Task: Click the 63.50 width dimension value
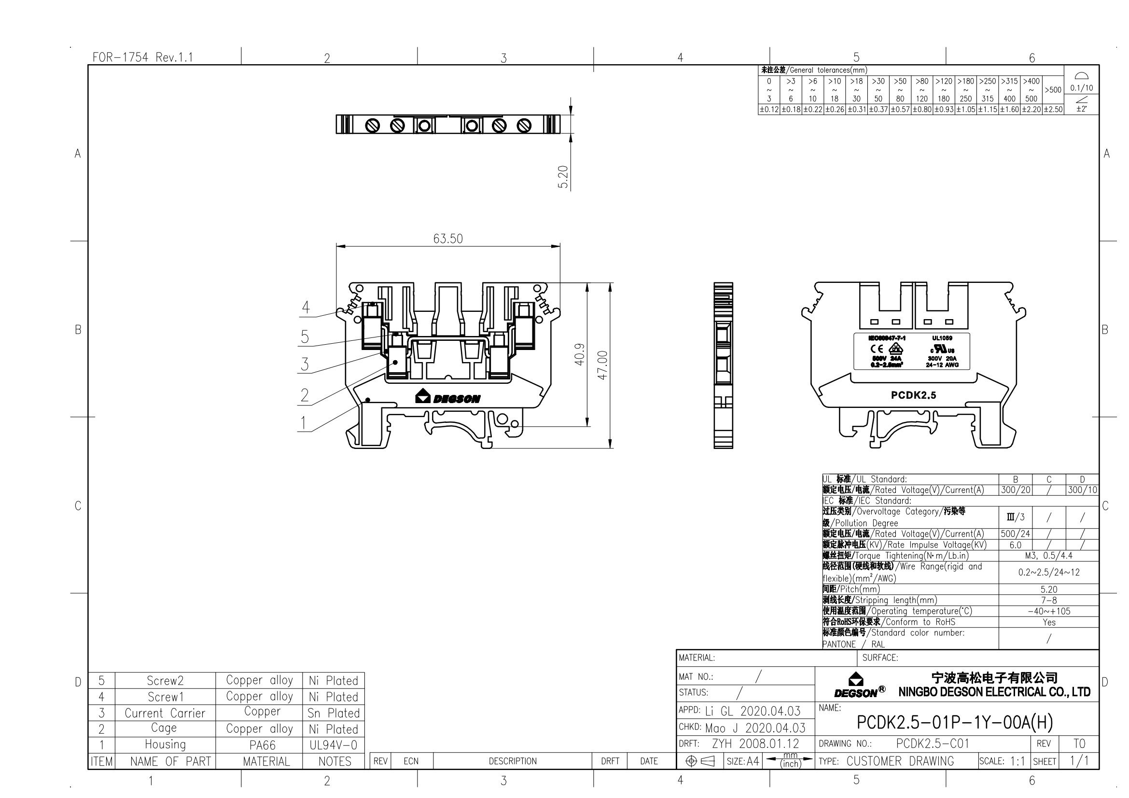[447, 239]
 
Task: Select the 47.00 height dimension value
[603, 365]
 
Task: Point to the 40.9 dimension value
[580, 354]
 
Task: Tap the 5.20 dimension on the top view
[563, 177]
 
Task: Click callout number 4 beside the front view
[306, 308]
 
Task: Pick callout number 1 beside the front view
[304, 423]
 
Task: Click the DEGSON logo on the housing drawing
[448, 397]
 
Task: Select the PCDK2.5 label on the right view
[913, 395]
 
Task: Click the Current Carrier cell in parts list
[165, 713]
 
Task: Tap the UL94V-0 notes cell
[334, 745]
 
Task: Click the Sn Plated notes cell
[334, 713]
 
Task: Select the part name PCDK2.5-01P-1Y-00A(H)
[955, 722]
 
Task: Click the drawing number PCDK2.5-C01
[933, 743]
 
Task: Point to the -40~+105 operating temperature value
[1048, 611]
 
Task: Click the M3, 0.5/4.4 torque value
[1048, 556]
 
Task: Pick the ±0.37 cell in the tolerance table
[878, 110]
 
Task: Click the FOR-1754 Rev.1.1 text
[142, 57]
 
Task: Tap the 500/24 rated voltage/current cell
[1015, 534]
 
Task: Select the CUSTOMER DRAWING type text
[900, 761]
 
